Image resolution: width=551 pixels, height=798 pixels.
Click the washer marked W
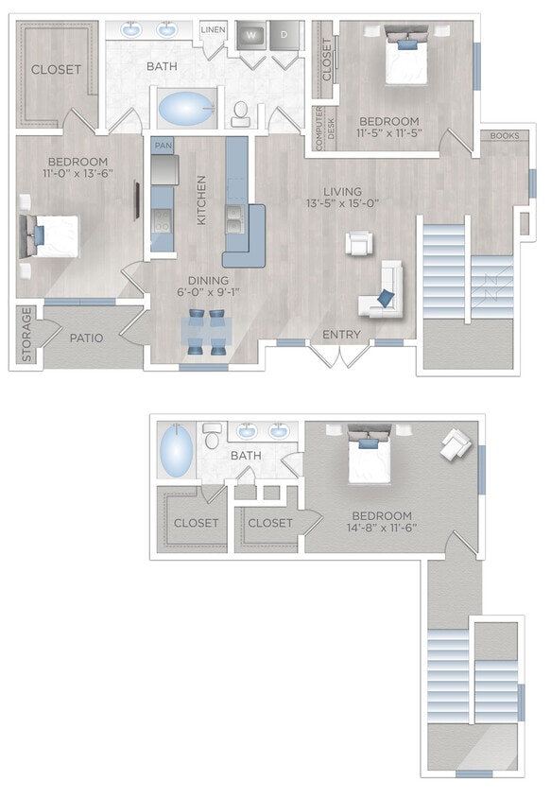(250, 35)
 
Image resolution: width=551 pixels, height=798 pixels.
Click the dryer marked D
(284, 35)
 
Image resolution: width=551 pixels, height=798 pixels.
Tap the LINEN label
(213, 29)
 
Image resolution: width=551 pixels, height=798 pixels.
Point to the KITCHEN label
(201, 199)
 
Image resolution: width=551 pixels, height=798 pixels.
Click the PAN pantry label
(163, 147)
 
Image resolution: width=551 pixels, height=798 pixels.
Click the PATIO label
(86, 338)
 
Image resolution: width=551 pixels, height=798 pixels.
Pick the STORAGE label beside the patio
(26, 335)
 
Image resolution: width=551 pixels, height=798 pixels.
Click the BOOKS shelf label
(505, 135)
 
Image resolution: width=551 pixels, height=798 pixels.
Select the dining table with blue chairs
(206, 332)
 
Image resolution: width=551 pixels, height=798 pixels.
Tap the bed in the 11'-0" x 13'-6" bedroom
(47, 235)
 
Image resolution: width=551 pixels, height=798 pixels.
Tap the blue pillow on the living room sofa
(386, 298)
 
